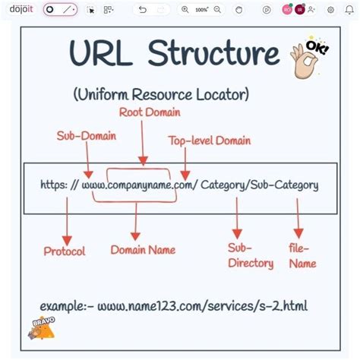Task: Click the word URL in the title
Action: (x=102, y=54)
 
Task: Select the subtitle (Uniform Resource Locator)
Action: (x=161, y=95)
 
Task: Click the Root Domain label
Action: (x=150, y=112)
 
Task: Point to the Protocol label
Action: (x=65, y=251)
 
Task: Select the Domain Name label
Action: (x=143, y=249)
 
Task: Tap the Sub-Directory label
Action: (x=250, y=255)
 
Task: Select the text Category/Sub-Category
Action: (x=260, y=185)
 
